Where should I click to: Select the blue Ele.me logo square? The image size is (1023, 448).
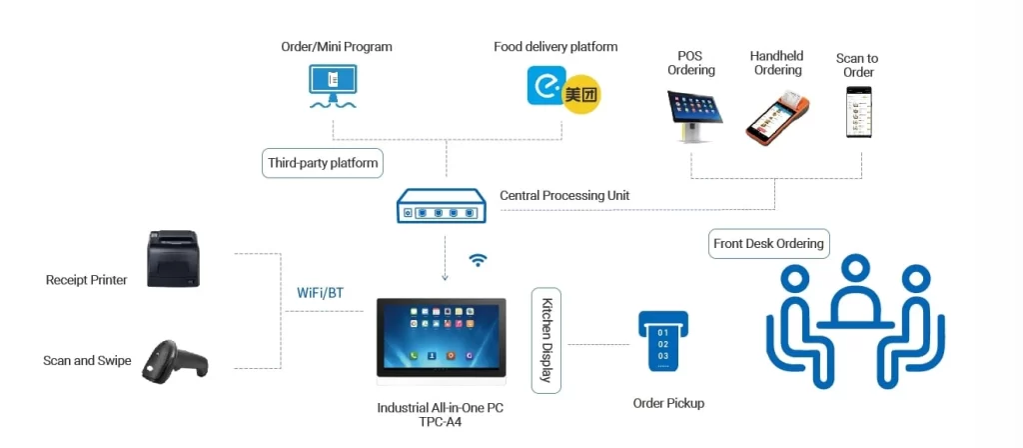click(545, 85)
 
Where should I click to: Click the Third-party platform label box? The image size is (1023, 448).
click(323, 163)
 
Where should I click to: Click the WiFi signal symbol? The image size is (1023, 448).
click(479, 260)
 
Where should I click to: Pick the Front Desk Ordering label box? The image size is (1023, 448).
click(768, 243)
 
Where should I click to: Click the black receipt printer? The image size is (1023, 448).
click(173, 259)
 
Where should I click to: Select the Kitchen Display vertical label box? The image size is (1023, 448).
click(546, 340)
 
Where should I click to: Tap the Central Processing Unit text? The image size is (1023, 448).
click(564, 196)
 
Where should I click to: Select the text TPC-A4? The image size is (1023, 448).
click(441, 422)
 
